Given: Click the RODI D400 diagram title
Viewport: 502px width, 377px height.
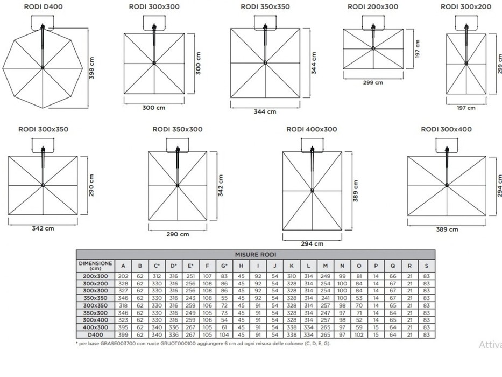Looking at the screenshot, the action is tap(43, 6).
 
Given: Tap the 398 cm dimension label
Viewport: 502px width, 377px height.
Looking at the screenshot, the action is tap(91, 68).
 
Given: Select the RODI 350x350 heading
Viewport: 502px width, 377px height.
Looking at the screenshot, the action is tap(265, 6).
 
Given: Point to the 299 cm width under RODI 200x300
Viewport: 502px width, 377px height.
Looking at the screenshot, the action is tap(373, 83).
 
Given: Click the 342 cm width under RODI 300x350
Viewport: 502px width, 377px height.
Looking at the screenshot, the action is tap(43, 228).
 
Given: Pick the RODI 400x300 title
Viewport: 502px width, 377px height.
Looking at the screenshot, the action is tap(312, 129).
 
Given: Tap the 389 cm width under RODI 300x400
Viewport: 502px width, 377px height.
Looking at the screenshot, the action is tap(447, 229).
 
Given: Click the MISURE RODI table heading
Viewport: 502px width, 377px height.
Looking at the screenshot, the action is tap(256, 255).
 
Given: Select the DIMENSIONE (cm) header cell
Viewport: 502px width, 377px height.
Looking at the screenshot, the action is tap(95, 266).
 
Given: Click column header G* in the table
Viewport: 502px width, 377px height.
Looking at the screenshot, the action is tap(224, 266).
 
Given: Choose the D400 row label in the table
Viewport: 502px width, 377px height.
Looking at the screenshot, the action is tap(95, 334).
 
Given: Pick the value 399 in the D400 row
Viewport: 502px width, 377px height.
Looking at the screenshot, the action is tap(123, 334).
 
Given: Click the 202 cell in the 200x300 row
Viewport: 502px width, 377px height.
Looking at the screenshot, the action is tap(123, 276).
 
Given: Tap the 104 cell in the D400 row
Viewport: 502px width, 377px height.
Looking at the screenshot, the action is tap(224, 334).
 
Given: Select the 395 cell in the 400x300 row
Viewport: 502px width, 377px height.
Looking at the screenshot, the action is tap(123, 327).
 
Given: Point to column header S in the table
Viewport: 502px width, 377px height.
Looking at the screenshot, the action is tap(427, 266).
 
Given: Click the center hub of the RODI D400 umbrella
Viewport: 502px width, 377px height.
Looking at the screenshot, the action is tap(43, 68).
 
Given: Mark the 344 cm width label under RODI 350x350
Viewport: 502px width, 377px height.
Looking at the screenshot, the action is tap(265, 111).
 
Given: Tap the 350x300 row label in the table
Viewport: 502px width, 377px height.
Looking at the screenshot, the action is tap(95, 313).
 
